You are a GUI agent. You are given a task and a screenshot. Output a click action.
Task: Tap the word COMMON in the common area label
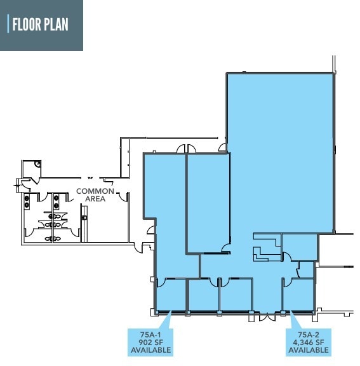(95, 191)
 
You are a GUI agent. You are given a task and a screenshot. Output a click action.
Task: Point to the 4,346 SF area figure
(307, 341)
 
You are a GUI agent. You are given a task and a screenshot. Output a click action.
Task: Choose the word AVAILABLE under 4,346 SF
(307, 349)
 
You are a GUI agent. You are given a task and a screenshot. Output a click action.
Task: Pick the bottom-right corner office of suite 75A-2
(298, 294)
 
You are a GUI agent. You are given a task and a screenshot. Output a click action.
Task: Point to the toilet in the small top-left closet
(37, 164)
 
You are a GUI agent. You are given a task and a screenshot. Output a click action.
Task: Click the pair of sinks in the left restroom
(27, 201)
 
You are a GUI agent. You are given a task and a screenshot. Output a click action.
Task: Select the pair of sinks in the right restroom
(56, 201)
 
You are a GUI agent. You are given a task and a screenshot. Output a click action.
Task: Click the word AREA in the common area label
(95, 199)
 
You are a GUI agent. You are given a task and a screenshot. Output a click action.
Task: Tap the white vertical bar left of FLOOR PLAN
(8, 25)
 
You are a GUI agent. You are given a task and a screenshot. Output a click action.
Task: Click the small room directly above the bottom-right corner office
(306, 269)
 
